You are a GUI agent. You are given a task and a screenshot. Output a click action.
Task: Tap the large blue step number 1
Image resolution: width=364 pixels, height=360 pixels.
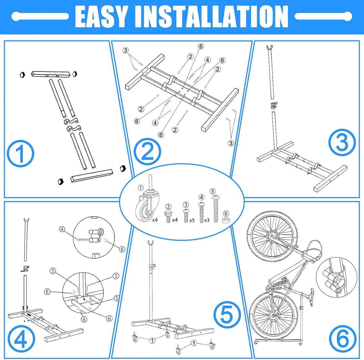(x=21, y=154)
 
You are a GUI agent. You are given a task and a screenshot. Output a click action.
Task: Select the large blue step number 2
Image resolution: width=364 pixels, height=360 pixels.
(x=147, y=152)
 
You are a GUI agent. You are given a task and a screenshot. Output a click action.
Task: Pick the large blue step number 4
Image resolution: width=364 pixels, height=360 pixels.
(x=21, y=339)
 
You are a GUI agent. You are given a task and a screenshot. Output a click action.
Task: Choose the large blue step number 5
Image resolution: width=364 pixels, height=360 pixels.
(x=227, y=315)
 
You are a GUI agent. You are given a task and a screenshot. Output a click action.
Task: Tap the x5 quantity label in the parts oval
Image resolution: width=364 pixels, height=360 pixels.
(x=192, y=220)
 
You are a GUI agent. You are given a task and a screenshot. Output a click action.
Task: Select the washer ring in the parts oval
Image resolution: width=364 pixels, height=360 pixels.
(x=225, y=220)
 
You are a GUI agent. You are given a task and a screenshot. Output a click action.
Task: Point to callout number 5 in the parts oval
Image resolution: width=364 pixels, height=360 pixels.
(x=213, y=191)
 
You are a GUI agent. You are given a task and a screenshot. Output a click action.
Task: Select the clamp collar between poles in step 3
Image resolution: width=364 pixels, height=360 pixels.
(x=273, y=106)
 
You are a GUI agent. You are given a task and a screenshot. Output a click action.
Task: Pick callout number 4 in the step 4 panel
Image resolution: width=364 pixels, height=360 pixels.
(x=62, y=229)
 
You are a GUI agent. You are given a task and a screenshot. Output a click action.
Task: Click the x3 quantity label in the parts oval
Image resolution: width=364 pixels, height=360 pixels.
(x=207, y=220)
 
